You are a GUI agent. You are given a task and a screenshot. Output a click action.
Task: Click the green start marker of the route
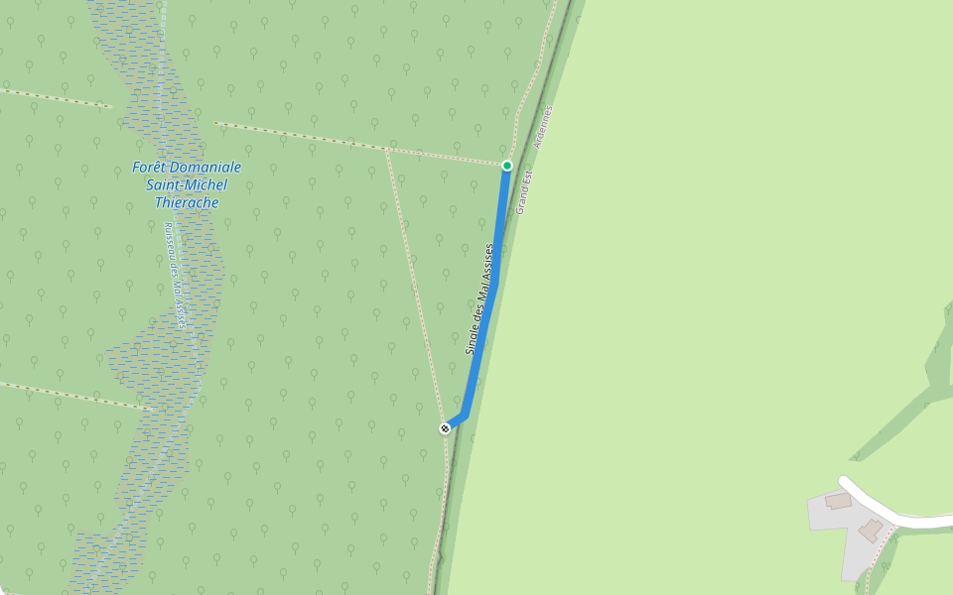507,166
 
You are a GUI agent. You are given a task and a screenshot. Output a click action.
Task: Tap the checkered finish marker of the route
445,428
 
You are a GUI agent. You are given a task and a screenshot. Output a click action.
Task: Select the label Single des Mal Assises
479,299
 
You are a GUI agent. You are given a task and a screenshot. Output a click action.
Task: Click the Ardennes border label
542,127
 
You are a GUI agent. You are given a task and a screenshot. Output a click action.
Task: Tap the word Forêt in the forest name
153,167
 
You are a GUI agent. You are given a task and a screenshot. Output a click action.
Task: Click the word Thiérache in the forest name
187,202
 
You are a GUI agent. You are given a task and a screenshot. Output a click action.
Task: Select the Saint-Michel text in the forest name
187,184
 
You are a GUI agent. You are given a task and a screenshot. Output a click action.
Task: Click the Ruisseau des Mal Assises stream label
175,275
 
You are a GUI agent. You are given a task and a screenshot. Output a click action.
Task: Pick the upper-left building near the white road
839,501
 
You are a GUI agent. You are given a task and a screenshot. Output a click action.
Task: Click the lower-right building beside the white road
872,530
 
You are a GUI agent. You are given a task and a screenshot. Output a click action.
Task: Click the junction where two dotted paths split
385,150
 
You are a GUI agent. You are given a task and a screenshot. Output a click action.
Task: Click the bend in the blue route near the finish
464,416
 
